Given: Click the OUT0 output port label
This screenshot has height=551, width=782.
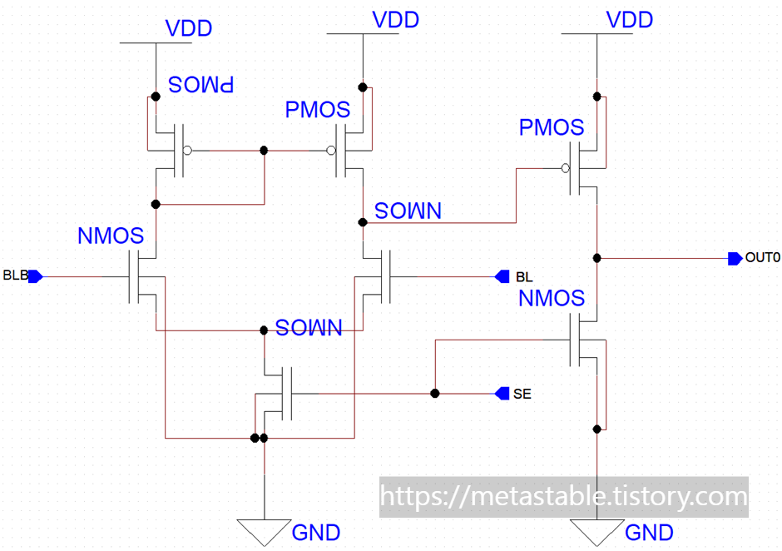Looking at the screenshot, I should (762, 258).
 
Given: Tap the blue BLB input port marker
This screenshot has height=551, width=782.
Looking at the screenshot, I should (35, 276).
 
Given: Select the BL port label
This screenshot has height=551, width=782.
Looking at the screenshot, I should (524, 276).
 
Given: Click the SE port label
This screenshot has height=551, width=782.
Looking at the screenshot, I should (522, 394).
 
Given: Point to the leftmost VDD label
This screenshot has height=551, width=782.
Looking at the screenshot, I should (189, 28).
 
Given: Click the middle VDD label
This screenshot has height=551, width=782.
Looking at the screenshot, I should (395, 20).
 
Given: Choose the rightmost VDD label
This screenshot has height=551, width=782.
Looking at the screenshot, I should (631, 20).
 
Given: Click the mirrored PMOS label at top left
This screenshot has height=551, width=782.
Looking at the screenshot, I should (201, 84).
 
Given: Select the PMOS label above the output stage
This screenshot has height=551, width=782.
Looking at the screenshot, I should (552, 128).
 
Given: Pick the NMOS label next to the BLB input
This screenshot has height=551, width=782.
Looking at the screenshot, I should (111, 236).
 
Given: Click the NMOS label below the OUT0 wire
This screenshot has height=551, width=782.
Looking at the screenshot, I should (552, 298).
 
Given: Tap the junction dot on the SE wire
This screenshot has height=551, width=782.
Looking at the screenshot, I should (434, 393).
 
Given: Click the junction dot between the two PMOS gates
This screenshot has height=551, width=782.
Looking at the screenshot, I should (265, 151).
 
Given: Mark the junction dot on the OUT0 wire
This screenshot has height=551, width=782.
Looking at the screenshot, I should (596, 258).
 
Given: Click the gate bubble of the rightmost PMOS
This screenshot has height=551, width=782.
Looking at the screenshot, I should (566, 169).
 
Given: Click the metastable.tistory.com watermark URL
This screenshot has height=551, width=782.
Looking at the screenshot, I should (564, 497).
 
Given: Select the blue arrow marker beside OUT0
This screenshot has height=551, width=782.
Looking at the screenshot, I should (735, 258).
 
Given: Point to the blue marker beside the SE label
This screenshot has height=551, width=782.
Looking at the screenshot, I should (502, 393).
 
